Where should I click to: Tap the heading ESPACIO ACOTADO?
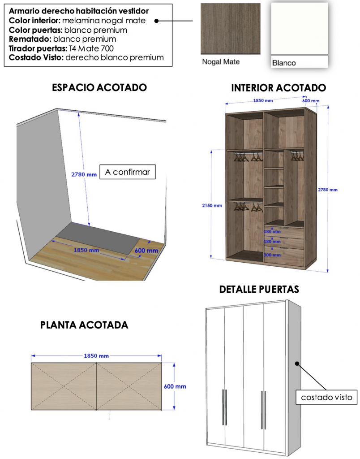(x=99, y=87)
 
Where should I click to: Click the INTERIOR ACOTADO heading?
(x=278, y=88)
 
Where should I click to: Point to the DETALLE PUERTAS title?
(x=259, y=290)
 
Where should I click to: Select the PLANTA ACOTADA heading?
(x=84, y=325)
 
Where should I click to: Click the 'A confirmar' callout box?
(x=127, y=172)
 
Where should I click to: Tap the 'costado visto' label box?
(x=326, y=397)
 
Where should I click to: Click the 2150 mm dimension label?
(x=211, y=206)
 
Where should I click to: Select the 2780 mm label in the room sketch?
(x=84, y=175)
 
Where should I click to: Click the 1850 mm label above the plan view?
(x=96, y=356)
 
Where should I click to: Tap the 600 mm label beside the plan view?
(x=175, y=386)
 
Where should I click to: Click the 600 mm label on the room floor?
(x=146, y=251)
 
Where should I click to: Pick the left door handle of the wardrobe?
(x=223, y=407)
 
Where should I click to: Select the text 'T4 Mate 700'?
(x=91, y=48)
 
